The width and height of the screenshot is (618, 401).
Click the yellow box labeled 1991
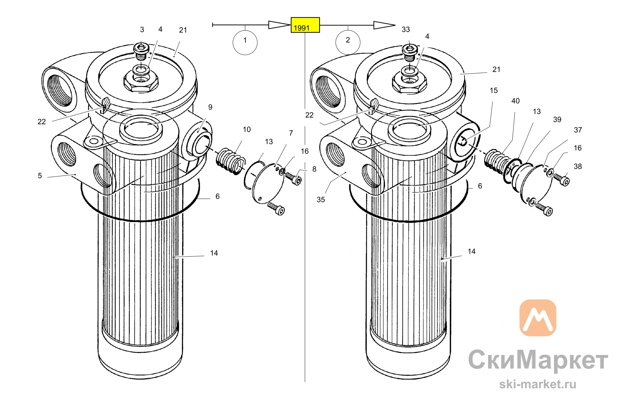(x=305, y=25)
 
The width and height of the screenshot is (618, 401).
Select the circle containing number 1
(x=245, y=42)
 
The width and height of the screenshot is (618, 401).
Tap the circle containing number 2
(x=348, y=42)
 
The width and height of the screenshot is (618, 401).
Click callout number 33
(x=406, y=29)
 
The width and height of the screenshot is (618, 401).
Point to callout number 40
(x=515, y=101)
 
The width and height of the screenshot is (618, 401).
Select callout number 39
(x=557, y=119)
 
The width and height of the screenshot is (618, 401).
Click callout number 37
(x=578, y=130)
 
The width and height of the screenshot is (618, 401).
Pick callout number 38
(x=578, y=166)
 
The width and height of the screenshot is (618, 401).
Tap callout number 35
(x=321, y=200)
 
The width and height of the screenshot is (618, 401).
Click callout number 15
(x=494, y=91)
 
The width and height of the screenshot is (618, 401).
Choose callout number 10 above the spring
(x=247, y=130)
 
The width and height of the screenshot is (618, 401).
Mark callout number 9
(x=210, y=107)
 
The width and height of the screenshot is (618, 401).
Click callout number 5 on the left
(x=40, y=176)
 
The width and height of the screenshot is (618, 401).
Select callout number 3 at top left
(x=142, y=30)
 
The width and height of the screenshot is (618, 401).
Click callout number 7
(x=291, y=133)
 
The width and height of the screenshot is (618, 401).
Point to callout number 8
(x=314, y=169)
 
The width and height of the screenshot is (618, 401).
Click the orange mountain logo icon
(x=538, y=318)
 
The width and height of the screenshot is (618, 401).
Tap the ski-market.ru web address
(x=538, y=384)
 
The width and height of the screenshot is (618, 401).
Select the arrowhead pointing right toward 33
(x=384, y=25)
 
